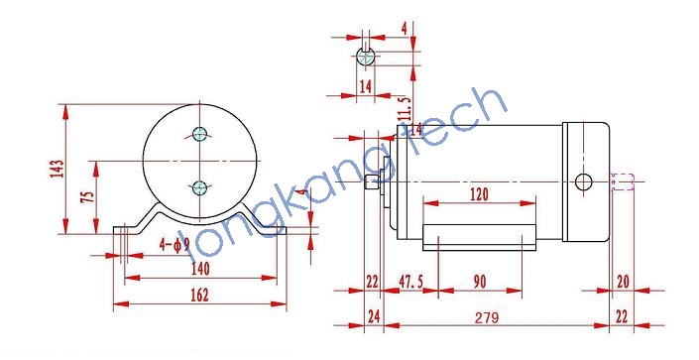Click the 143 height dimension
(x=58, y=169)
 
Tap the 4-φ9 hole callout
(x=175, y=244)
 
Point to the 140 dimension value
(x=200, y=269)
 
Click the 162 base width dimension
(x=199, y=295)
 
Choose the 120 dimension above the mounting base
(x=479, y=194)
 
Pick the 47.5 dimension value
(x=411, y=282)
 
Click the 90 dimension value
(x=479, y=282)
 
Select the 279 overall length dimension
(x=487, y=317)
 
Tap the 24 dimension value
(x=374, y=316)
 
